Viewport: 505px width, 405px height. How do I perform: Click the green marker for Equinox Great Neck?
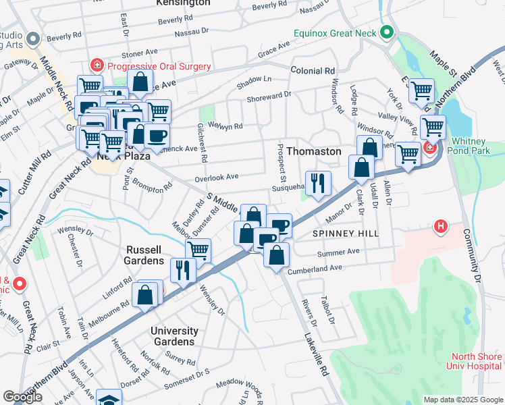[387, 32]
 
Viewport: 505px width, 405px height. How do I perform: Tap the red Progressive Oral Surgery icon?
[98, 65]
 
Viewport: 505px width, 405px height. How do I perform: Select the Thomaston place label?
[314, 151]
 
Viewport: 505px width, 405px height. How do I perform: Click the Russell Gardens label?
[145, 254]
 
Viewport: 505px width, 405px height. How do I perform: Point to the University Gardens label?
[174, 336]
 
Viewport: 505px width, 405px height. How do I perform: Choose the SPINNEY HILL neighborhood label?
[346, 233]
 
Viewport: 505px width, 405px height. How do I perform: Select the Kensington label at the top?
[182, 3]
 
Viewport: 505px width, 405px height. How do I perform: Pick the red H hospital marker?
[442, 227]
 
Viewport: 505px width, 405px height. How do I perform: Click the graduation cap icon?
[109, 398]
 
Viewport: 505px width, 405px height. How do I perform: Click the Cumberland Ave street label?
[315, 269]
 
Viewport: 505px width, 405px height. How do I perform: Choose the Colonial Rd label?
[313, 70]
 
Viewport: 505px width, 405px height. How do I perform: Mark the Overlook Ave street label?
[217, 177]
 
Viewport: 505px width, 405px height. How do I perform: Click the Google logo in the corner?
[22, 397]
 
